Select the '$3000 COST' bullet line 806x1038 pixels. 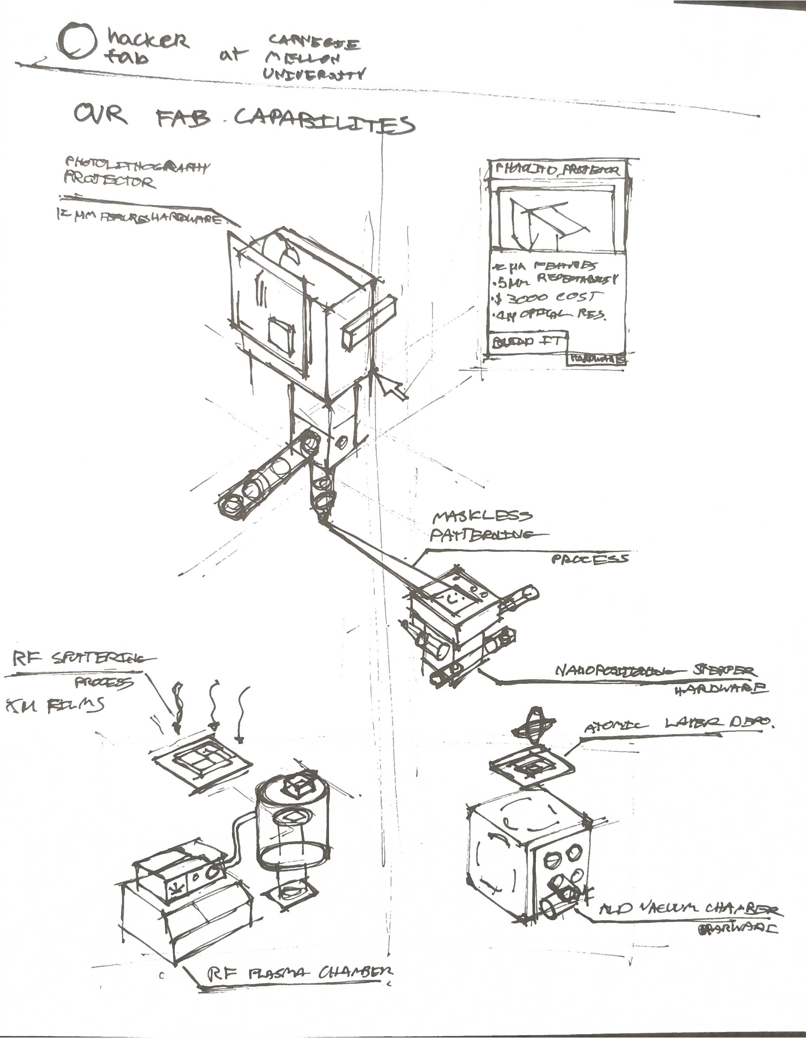[x=547, y=298]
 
